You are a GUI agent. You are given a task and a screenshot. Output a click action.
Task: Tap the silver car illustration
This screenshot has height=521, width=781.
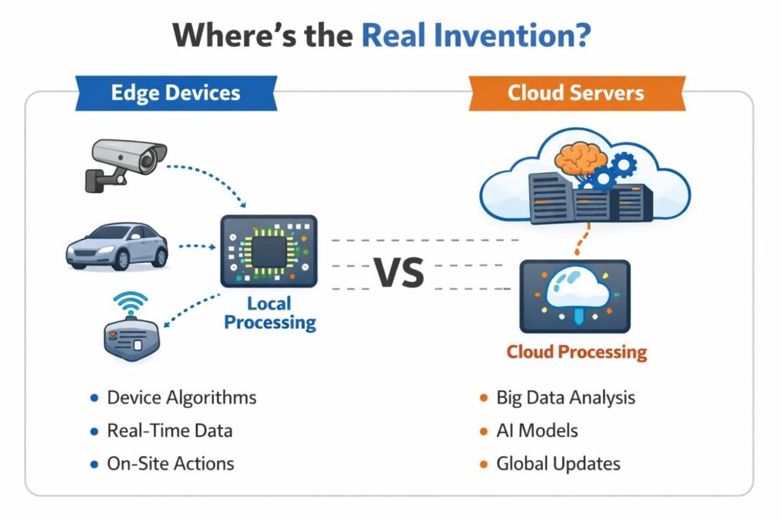point(117,246)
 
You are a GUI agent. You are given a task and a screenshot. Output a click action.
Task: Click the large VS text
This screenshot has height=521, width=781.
point(398,272)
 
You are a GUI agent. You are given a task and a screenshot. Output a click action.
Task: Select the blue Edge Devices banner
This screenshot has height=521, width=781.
point(175,93)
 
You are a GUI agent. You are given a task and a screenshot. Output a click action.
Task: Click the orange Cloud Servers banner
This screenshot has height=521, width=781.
point(576,93)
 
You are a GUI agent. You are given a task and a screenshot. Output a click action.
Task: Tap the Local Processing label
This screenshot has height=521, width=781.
point(270,313)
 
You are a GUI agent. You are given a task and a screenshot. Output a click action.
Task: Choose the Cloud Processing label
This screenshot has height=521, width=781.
point(577,352)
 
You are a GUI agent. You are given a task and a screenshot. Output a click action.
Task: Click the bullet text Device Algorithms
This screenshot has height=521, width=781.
point(182,397)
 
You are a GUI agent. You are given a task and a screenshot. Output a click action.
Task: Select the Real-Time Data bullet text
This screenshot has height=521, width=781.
point(169,430)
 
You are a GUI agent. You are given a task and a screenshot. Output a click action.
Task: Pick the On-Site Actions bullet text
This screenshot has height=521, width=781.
point(170,463)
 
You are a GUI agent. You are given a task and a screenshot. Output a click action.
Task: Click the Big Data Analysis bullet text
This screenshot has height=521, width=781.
point(565,397)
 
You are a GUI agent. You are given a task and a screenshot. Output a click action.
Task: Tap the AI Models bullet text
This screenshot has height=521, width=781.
point(537,430)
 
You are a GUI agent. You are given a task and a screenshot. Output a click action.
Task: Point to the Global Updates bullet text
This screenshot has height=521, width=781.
point(558,463)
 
